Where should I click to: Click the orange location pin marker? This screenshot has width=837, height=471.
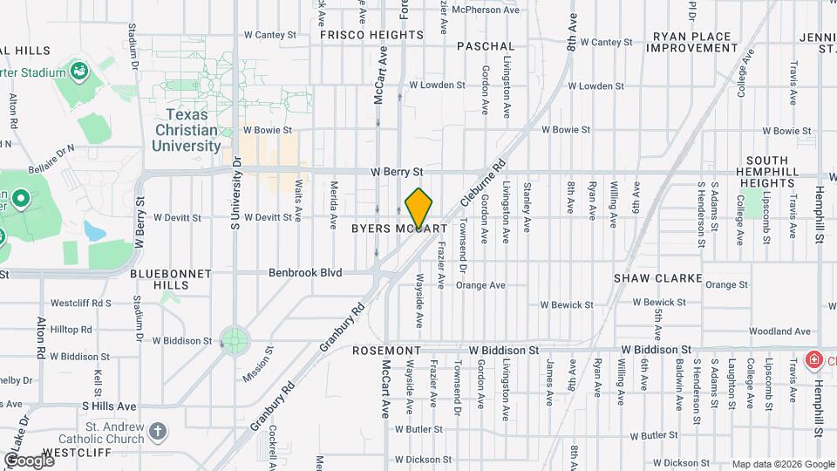pyautogui.click(x=419, y=207)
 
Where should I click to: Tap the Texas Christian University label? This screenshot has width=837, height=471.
pyautogui.click(x=186, y=130)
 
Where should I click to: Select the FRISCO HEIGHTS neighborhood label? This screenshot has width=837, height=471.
pyautogui.click(x=371, y=36)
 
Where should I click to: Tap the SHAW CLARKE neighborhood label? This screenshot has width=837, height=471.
pyautogui.click(x=658, y=278)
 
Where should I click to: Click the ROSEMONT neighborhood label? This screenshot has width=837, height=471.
pyautogui.click(x=387, y=351)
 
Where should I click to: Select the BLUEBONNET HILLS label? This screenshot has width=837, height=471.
pyautogui.click(x=171, y=279)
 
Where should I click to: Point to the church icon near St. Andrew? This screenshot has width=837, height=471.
pyautogui.click(x=157, y=431)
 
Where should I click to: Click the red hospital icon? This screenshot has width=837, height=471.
pyautogui.click(x=813, y=359)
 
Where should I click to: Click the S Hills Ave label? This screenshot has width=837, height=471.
pyautogui.click(x=109, y=406)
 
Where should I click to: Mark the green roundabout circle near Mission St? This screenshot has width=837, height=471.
pyautogui.click(x=234, y=339)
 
